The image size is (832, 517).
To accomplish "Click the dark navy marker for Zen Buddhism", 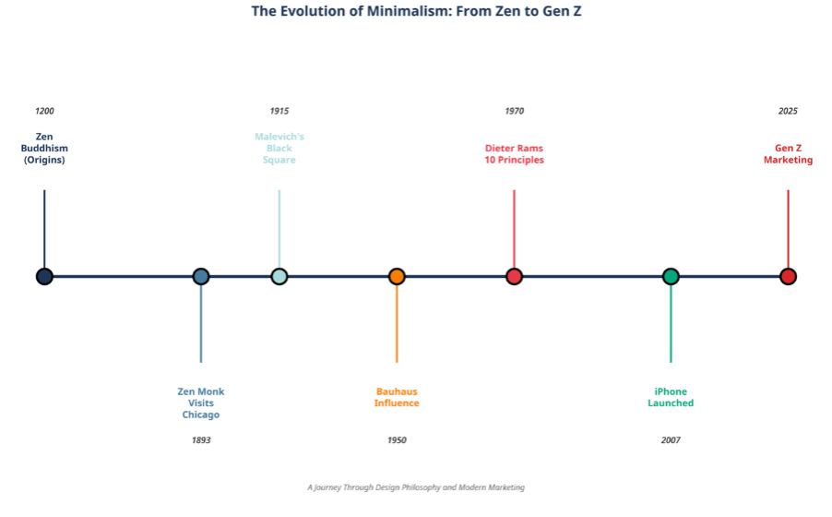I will click(x=44, y=276).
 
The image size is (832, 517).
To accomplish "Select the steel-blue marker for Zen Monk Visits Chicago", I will click(x=201, y=276).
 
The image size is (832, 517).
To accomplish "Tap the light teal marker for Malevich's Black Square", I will click(x=279, y=276).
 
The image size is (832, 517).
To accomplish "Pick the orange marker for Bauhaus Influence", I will click(x=397, y=276).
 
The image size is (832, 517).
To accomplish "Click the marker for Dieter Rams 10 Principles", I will click(x=514, y=276).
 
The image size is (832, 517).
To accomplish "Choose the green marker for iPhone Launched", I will click(x=671, y=276).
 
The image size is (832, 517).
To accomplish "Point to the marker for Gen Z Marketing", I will click(x=788, y=276).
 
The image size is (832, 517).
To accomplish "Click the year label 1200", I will click(x=44, y=112).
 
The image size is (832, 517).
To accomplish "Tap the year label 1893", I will click(x=201, y=440).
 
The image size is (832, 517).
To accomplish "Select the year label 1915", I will click(x=279, y=112).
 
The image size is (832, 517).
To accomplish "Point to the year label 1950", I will click(x=397, y=440).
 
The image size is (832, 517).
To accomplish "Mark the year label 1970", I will click(x=514, y=112).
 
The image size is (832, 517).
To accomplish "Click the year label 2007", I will click(x=671, y=440).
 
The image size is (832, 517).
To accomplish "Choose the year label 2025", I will click(x=788, y=112).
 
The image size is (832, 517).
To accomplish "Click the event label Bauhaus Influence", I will click(x=397, y=397).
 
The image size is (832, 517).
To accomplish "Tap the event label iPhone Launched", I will click(x=671, y=397).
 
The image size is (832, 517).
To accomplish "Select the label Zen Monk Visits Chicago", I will click(x=201, y=403).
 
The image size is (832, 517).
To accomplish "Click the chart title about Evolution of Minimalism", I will click(x=416, y=12).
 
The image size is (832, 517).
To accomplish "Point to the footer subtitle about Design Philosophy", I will click(x=416, y=487).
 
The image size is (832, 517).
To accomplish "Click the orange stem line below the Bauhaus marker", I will click(x=397, y=323).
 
